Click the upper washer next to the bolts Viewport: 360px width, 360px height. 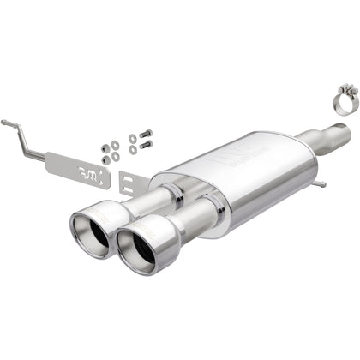(132, 138)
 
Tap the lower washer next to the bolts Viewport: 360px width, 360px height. (133, 150)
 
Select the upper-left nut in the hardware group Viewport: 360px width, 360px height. (105, 147)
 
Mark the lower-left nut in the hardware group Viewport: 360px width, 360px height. (106, 159)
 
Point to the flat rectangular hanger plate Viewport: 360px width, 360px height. (77, 171)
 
